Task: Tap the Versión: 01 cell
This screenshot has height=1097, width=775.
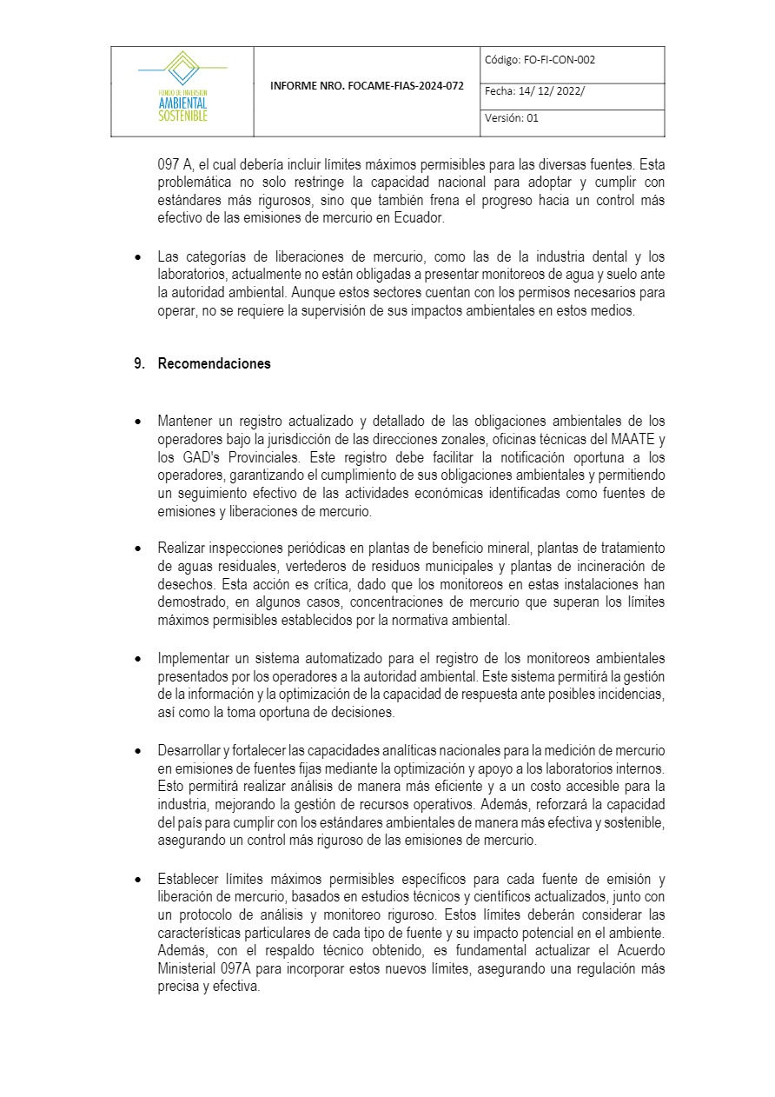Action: click(x=512, y=118)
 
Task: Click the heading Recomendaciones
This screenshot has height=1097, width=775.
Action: click(x=214, y=364)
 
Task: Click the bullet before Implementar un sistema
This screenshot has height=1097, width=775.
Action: click(x=138, y=658)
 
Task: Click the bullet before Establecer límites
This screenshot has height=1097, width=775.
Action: click(x=138, y=879)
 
